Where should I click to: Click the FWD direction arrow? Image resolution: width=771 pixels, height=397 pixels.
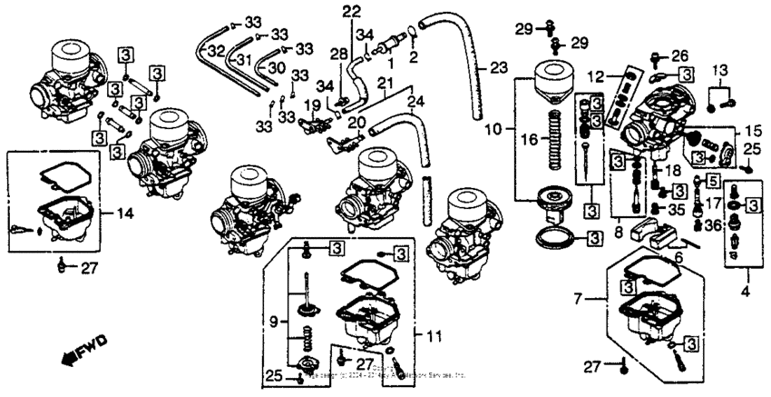click(84, 349)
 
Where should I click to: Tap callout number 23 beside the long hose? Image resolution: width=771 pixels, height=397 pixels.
click(498, 68)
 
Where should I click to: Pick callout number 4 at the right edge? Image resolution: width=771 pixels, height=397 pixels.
click(747, 293)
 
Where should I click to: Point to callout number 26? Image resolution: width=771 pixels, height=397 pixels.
click(679, 55)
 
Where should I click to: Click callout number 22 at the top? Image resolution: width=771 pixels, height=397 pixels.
click(351, 11)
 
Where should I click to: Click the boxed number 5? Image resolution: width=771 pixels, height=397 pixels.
click(713, 180)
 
